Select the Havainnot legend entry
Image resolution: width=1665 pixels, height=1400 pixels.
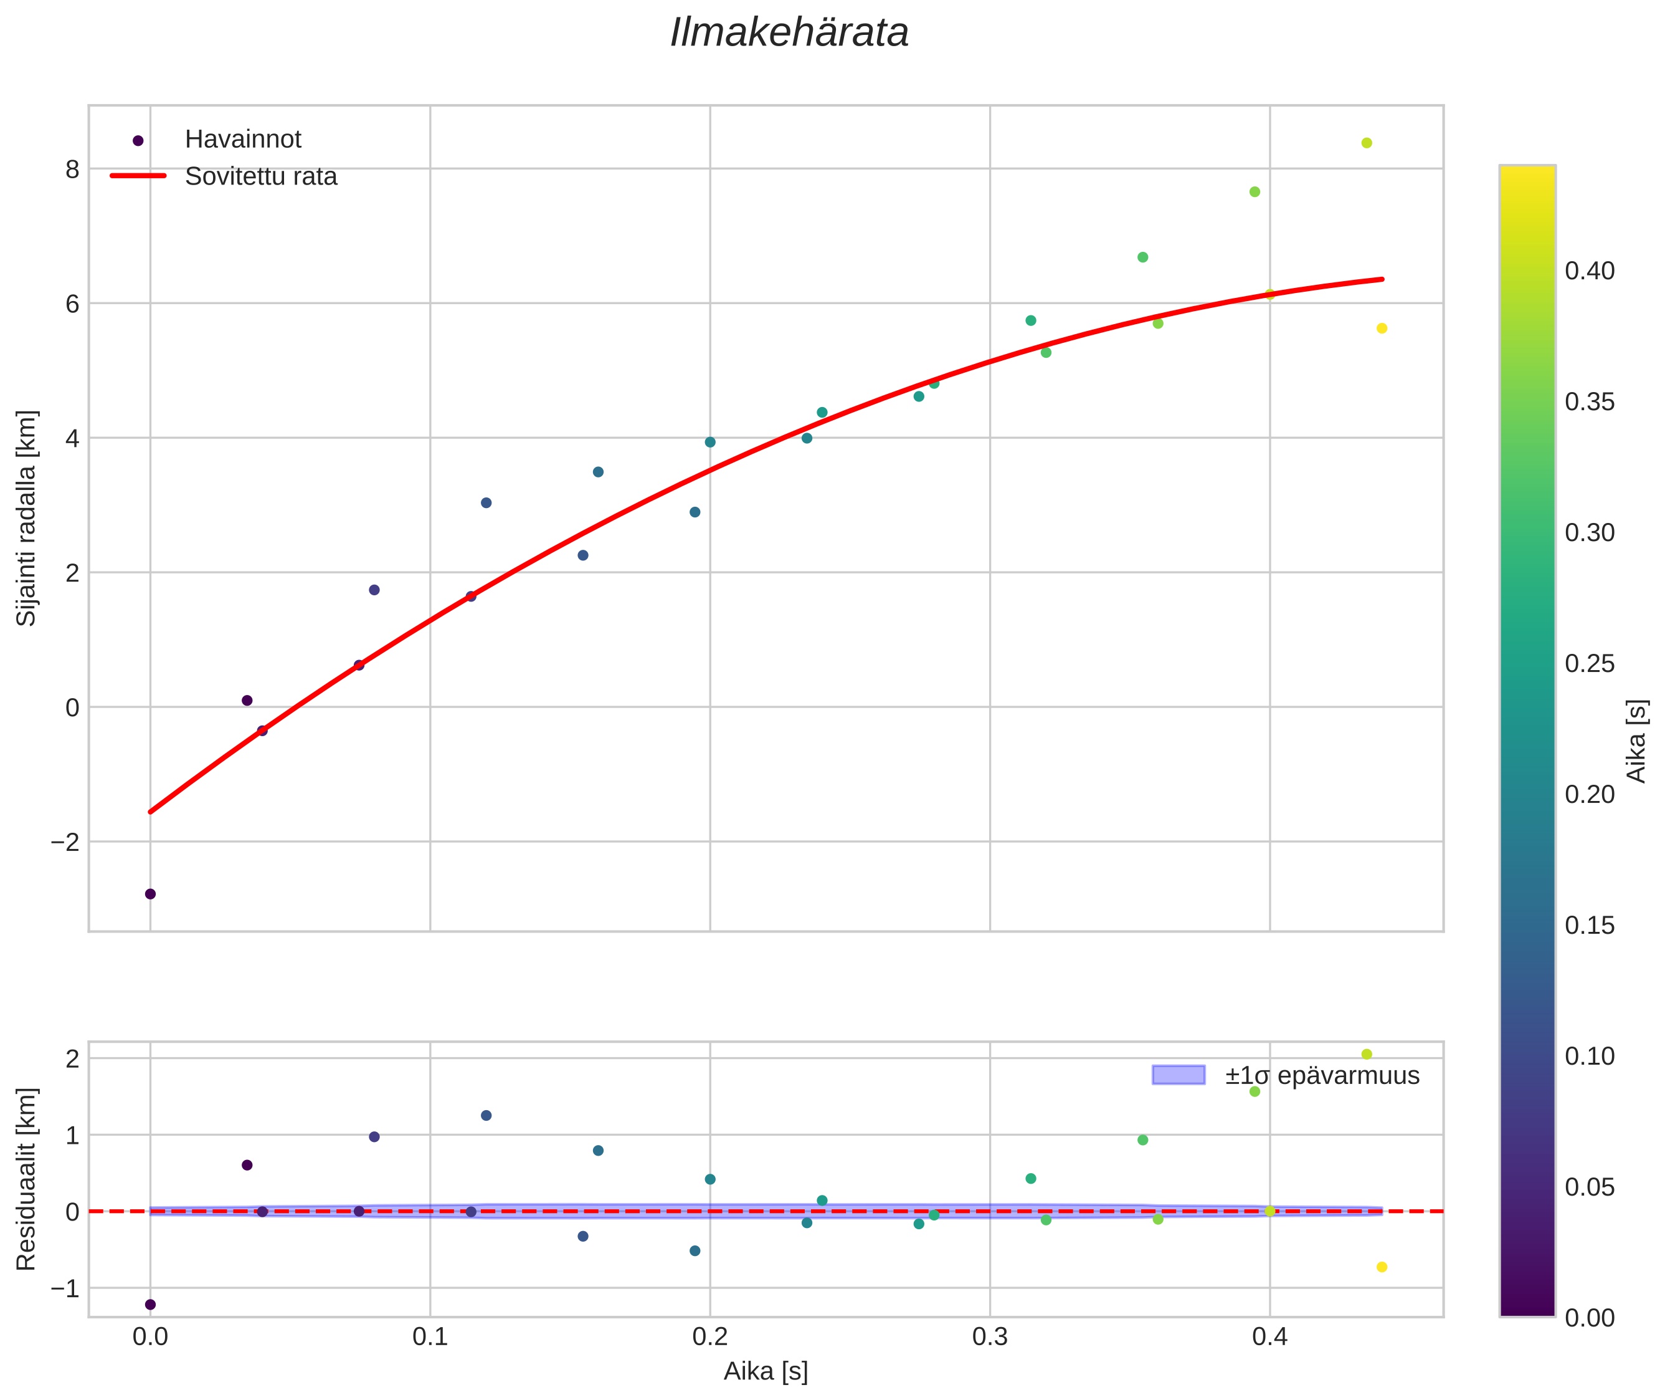(243, 140)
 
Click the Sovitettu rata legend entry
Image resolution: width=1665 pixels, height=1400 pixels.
(261, 176)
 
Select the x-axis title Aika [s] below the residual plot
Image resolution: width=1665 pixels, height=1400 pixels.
(766, 1371)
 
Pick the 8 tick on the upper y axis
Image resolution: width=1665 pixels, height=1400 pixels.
(73, 169)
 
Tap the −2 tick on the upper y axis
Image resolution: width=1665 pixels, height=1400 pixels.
(66, 842)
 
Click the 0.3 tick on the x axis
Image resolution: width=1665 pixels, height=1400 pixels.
(989, 1336)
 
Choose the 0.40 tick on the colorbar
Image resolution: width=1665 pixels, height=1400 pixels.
(1590, 271)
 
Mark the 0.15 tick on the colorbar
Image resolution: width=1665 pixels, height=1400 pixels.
(1590, 926)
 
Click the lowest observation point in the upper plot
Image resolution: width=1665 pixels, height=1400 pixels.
(150, 894)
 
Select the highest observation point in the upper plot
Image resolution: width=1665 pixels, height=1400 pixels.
(1366, 143)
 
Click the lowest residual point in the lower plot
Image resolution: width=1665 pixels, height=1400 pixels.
(150, 1304)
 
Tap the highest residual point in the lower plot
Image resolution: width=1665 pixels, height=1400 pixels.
(1366, 1054)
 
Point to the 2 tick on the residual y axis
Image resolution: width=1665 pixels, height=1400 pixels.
(73, 1059)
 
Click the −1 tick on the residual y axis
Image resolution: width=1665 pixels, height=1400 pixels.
(66, 1288)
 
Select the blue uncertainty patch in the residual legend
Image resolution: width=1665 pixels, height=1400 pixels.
(1178, 1075)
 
